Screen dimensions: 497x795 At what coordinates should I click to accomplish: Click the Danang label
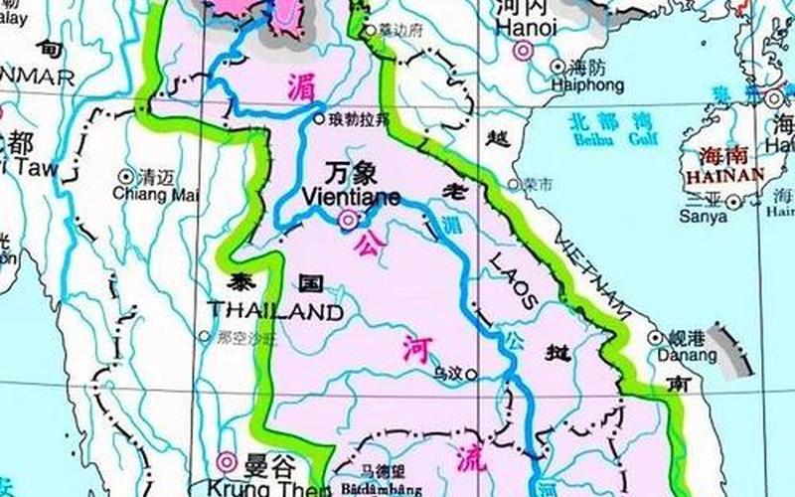685,355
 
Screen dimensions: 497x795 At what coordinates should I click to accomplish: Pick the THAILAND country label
276,310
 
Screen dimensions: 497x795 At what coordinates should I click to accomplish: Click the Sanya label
703,216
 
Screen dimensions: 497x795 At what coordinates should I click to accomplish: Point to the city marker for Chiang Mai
126,177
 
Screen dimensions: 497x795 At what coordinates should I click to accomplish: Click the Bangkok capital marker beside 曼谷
227,461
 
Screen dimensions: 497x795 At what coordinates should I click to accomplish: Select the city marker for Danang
655,338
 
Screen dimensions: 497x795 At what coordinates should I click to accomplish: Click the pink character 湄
301,85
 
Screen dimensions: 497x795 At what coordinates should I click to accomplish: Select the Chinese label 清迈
157,177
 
